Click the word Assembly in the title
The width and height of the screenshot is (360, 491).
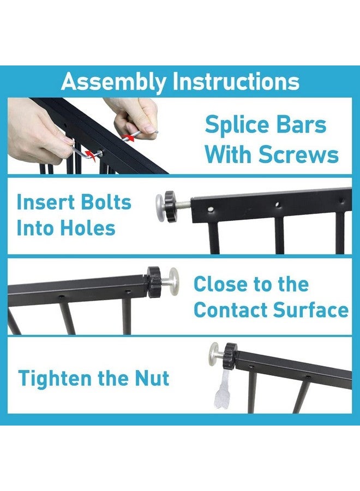[113, 82]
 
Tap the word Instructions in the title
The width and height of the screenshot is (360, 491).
[236, 81]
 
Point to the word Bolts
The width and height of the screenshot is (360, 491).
[105, 202]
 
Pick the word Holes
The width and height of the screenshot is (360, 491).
[87, 227]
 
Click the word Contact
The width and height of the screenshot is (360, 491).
[230, 310]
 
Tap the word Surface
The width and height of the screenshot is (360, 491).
[310, 309]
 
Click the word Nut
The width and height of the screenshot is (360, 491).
[152, 378]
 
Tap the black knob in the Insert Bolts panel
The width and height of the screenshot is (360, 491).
[171, 206]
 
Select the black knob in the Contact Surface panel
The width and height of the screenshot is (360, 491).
[154, 282]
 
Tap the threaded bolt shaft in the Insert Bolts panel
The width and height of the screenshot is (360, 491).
[184, 204]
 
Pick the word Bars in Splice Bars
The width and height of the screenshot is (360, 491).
[301, 124]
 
